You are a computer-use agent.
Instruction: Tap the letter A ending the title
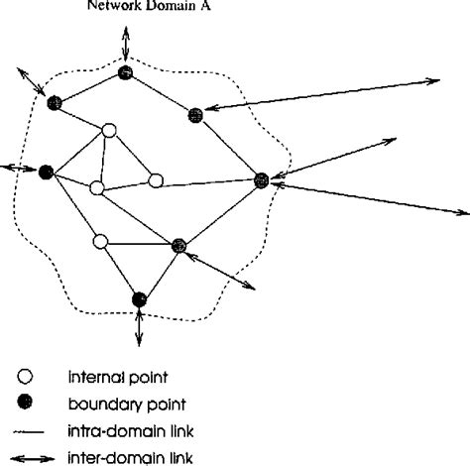point(191,4)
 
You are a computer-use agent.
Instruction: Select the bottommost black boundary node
point(139,297)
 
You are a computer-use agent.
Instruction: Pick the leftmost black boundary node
point(45,172)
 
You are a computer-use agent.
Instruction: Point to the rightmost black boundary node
point(262,179)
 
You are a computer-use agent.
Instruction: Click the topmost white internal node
point(110,129)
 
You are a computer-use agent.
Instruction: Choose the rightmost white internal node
point(156,180)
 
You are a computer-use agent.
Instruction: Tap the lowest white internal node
point(100,241)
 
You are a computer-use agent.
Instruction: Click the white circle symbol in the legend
point(27,377)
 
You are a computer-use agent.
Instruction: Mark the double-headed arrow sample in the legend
point(28,456)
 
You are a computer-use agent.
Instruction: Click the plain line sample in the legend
point(28,429)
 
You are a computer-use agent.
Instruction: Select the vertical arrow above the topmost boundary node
point(125,43)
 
